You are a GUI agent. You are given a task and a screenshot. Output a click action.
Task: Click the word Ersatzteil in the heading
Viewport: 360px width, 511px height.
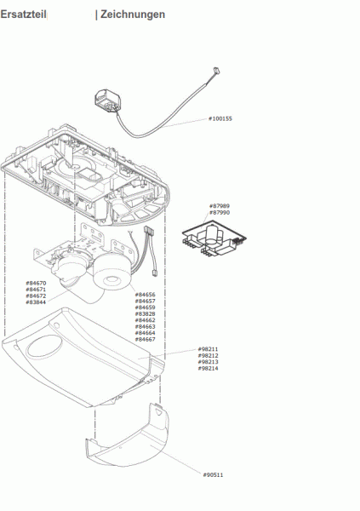[24, 14]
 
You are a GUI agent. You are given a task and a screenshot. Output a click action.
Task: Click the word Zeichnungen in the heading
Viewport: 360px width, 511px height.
[133, 14]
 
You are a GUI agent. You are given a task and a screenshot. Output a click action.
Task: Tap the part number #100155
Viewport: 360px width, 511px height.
[220, 118]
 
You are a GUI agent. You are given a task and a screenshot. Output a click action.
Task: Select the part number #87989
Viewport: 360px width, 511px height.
[220, 206]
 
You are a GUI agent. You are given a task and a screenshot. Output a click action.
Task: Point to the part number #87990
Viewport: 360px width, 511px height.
[220, 212]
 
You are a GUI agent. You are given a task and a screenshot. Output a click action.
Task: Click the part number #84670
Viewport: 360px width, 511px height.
[36, 284]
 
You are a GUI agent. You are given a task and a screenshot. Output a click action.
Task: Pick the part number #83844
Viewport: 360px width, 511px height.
[36, 302]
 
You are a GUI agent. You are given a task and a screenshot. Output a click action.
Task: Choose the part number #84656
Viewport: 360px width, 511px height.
[145, 295]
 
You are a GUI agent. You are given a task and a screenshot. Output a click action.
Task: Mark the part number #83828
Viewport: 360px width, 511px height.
[145, 313]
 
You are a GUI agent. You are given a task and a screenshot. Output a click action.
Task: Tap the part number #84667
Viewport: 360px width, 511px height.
[145, 339]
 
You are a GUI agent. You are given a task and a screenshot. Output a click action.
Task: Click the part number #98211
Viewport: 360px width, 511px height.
[209, 349]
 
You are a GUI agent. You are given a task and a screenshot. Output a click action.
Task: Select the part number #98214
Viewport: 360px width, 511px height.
[209, 368]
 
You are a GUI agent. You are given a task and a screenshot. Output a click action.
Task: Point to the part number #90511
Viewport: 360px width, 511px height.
[213, 475]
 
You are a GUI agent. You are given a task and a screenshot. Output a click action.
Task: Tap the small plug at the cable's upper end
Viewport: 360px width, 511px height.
[216, 70]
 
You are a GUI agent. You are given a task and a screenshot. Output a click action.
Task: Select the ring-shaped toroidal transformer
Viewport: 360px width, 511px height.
[112, 273]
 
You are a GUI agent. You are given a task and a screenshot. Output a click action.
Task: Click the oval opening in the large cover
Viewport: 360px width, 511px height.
[43, 347]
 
